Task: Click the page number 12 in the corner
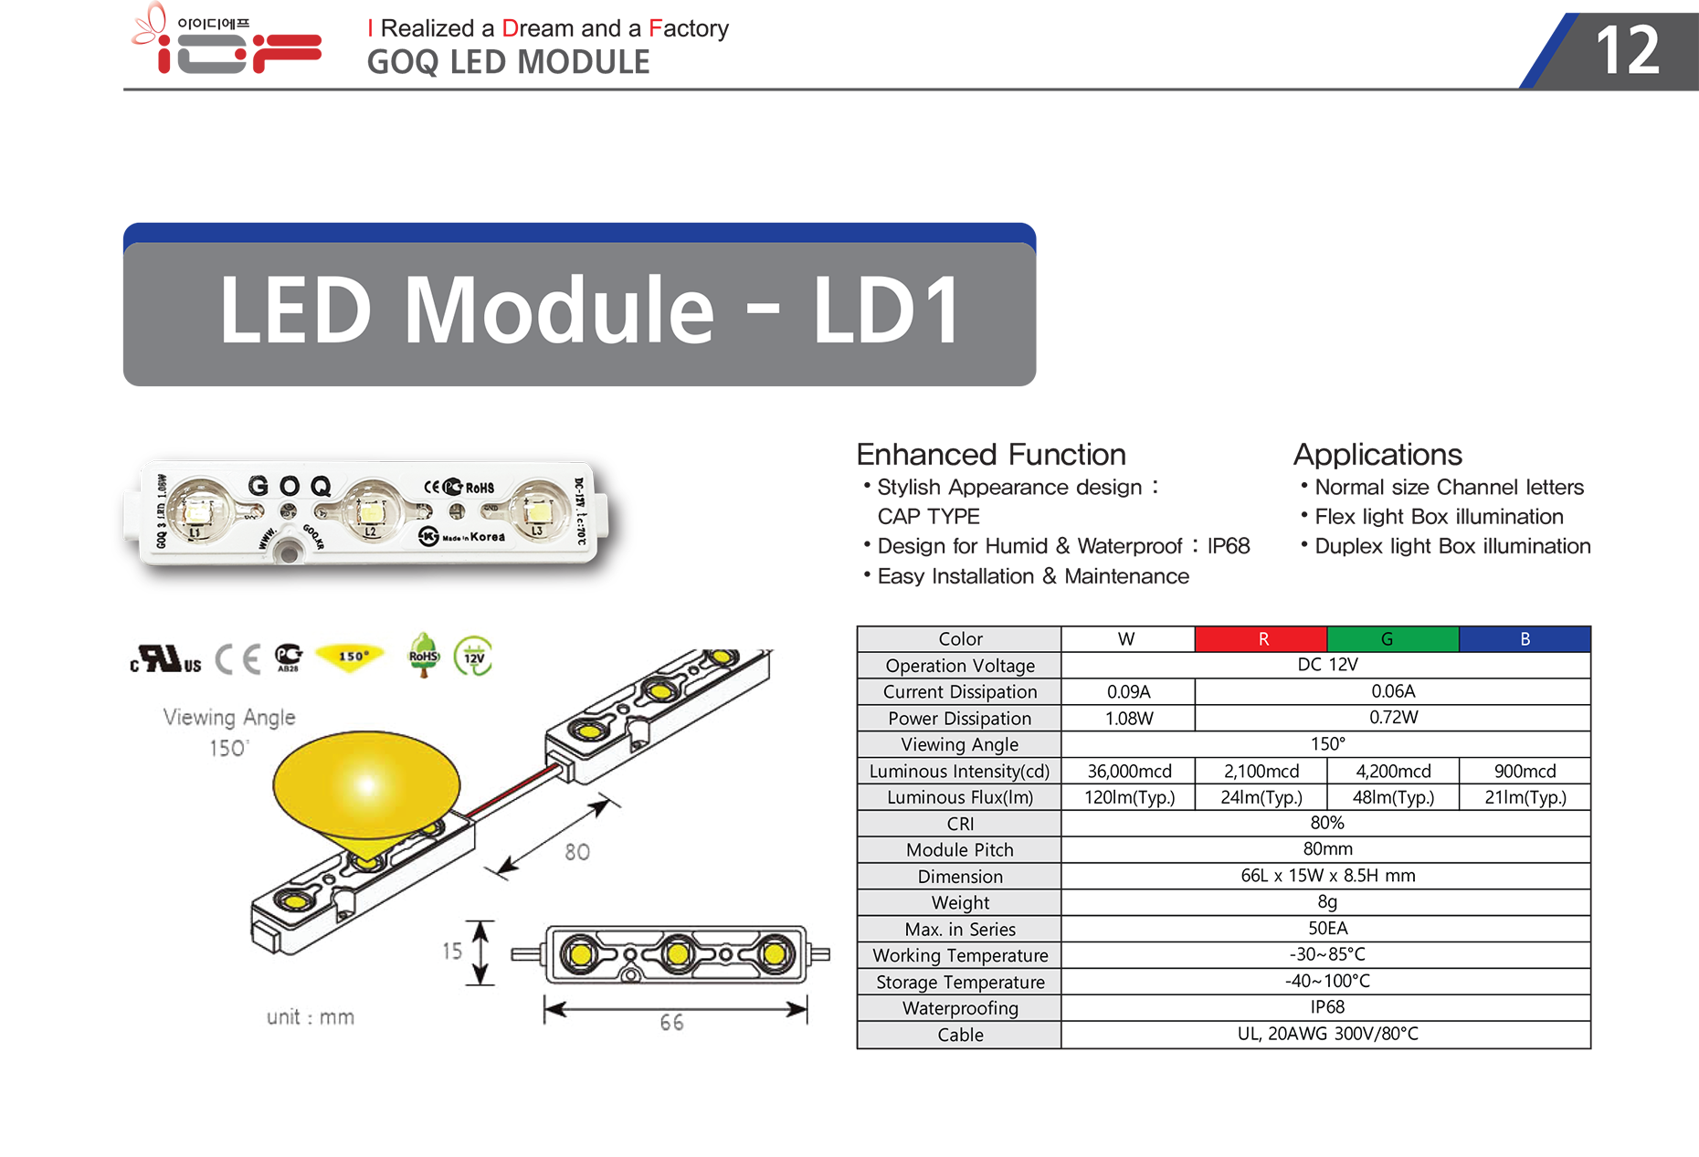tap(1627, 50)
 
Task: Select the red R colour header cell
tap(1261, 639)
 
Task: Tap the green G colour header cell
tap(1393, 639)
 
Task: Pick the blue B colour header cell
tap(1525, 639)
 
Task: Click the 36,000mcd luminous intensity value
tap(1129, 772)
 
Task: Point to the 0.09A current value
tap(1129, 692)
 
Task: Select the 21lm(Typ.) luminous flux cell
tap(1525, 797)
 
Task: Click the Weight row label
tap(960, 903)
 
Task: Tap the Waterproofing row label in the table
tap(960, 1008)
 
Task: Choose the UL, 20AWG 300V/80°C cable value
tap(1327, 1034)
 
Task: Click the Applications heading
tap(1377, 455)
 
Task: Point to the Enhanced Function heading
tap(991, 455)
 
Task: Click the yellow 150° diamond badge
tap(351, 657)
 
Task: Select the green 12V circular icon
tap(473, 656)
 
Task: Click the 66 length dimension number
tap(671, 1023)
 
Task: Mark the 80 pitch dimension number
tap(577, 852)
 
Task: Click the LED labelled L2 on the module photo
tap(371, 510)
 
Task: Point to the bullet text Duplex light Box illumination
tap(1452, 546)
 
